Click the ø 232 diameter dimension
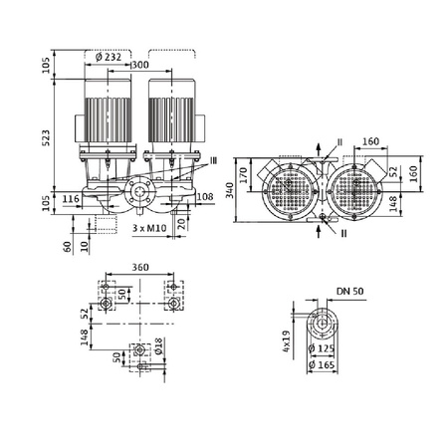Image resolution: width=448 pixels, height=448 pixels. click(x=111, y=58)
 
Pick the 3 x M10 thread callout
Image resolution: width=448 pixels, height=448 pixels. click(x=148, y=229)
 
